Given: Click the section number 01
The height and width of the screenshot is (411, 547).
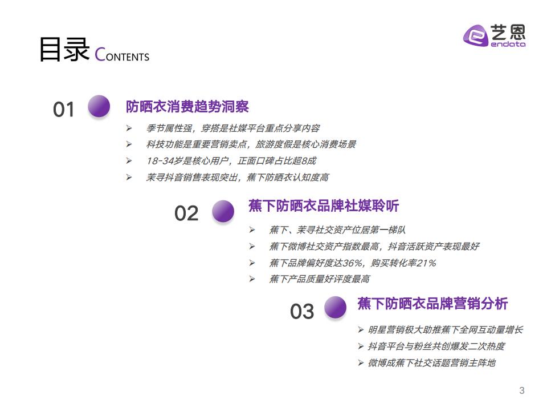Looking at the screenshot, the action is tap(63, 110).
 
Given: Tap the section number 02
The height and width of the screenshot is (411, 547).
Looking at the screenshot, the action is tap(186, 213).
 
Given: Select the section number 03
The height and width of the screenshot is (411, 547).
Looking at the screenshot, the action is tap(302, 311).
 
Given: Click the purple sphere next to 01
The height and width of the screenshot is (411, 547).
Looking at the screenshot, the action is tap(99, 106).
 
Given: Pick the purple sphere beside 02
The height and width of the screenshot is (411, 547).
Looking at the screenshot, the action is tap(223, 211).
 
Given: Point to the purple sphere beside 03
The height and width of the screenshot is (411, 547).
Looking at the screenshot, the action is tap(335, 307).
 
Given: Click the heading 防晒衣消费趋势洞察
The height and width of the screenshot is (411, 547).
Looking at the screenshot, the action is tap(187, 107).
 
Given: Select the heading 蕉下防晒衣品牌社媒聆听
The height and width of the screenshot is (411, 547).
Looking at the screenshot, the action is tap(324, 205).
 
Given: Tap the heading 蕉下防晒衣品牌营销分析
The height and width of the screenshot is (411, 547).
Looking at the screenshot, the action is tap(432, 303).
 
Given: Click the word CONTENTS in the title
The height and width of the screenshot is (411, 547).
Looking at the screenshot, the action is tap(122, 55).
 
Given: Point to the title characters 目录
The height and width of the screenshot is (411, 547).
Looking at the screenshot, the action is tap(64, 49).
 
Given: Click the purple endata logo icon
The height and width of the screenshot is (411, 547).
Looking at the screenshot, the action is tap(475, 35).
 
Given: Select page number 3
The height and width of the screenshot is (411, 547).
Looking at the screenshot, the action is tap(522, 390).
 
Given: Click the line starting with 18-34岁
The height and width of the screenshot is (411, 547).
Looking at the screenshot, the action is tap(231, 161).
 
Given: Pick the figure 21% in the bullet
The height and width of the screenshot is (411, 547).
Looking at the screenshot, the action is tap(426, 263).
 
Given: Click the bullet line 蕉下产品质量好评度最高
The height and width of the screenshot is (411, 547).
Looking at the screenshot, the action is tap(320, 279).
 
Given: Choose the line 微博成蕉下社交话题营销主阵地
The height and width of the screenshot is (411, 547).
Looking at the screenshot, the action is tap(432, 363).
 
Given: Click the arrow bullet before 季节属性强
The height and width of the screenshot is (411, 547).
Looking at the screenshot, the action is tap(129, 128).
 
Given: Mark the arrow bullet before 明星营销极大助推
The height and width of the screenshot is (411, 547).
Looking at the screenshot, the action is tap(361, 329).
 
